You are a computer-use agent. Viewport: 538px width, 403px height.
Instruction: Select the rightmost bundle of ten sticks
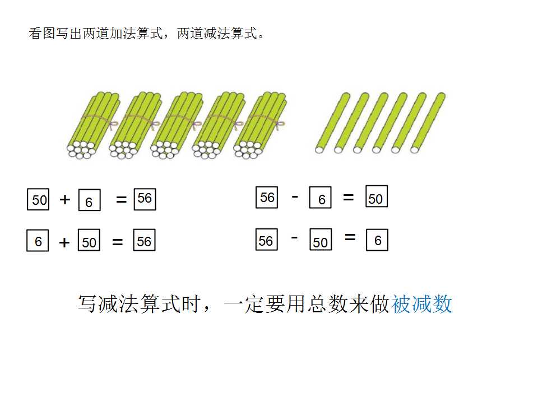259,125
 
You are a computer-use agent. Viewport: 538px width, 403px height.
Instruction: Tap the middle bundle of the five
177,125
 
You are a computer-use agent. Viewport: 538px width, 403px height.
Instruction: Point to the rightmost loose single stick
428,123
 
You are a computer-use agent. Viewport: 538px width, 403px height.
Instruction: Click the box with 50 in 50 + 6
38,199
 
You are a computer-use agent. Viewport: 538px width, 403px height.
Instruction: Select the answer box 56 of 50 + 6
145,199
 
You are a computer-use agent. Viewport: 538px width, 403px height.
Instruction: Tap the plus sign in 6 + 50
64,242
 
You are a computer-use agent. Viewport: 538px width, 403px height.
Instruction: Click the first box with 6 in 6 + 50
38,240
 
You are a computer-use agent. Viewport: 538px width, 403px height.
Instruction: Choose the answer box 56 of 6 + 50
145,240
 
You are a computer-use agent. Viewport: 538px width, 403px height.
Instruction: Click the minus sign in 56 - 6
295,196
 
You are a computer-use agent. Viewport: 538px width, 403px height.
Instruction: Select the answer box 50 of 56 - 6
377,196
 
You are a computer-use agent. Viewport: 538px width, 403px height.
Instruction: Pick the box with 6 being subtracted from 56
321,198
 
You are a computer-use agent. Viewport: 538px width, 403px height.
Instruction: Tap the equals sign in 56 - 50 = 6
350,237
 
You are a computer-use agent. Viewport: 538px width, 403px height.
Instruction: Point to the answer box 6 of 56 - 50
377,240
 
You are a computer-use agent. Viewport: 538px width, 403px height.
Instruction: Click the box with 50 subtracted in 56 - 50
321,239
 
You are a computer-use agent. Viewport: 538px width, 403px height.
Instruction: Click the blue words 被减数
422,304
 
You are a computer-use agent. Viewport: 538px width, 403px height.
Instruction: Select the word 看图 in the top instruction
42,34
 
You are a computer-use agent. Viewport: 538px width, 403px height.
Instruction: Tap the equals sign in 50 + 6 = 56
122,199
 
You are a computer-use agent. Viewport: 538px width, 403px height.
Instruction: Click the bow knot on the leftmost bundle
112,125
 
